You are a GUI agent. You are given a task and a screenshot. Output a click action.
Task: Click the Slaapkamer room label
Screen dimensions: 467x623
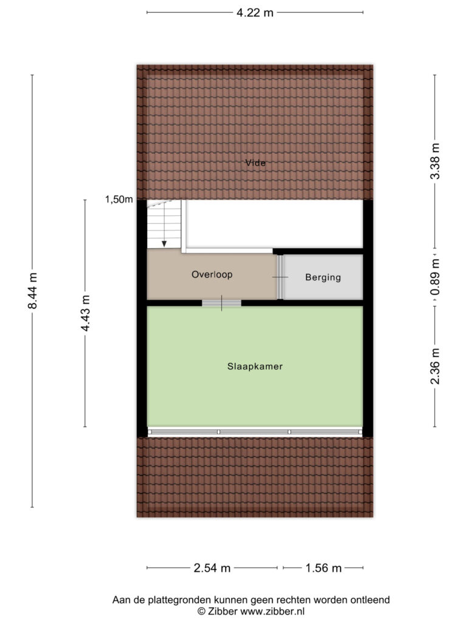click(255, 366)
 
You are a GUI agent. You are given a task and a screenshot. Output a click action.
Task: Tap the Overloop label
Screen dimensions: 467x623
click(212, 274)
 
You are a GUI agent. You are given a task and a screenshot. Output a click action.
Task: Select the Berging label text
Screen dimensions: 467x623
click(323, 277)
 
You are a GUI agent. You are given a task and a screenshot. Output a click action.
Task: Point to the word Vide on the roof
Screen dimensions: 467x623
click(255, 162)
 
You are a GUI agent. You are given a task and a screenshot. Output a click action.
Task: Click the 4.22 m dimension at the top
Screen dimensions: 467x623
click(255, 13)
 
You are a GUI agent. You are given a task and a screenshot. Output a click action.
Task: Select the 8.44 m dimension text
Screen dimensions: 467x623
click(32, 291)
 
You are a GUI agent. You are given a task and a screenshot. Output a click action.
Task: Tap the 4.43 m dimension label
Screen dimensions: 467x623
click(85, 313)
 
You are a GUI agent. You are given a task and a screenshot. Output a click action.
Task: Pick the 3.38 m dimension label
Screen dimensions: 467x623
click(435, 161)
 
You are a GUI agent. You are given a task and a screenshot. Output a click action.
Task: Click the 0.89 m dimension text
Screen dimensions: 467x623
click(435, 277)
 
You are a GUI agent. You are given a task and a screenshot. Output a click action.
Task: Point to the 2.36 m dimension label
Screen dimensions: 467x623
click(435, 366)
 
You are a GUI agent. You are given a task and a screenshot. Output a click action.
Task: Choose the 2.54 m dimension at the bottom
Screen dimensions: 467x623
click(212, 568)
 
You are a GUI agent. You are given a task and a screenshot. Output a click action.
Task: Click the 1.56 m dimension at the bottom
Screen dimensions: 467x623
click(323, 568)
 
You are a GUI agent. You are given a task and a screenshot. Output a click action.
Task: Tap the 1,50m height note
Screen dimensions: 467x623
click(119, 199)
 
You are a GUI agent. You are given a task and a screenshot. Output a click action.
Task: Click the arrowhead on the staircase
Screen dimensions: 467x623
click(164, 243)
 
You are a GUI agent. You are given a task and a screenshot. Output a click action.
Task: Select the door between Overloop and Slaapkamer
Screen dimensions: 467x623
click(221, 303)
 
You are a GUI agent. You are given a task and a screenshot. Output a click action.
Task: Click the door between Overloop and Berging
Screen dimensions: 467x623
click(280, 277)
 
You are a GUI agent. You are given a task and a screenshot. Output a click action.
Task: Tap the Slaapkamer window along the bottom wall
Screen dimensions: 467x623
click(255, 432)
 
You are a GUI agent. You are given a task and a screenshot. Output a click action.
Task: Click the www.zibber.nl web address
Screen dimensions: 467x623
click(272, 611)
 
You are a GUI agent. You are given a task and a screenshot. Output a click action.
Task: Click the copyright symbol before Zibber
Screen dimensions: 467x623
click(201, 611)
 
